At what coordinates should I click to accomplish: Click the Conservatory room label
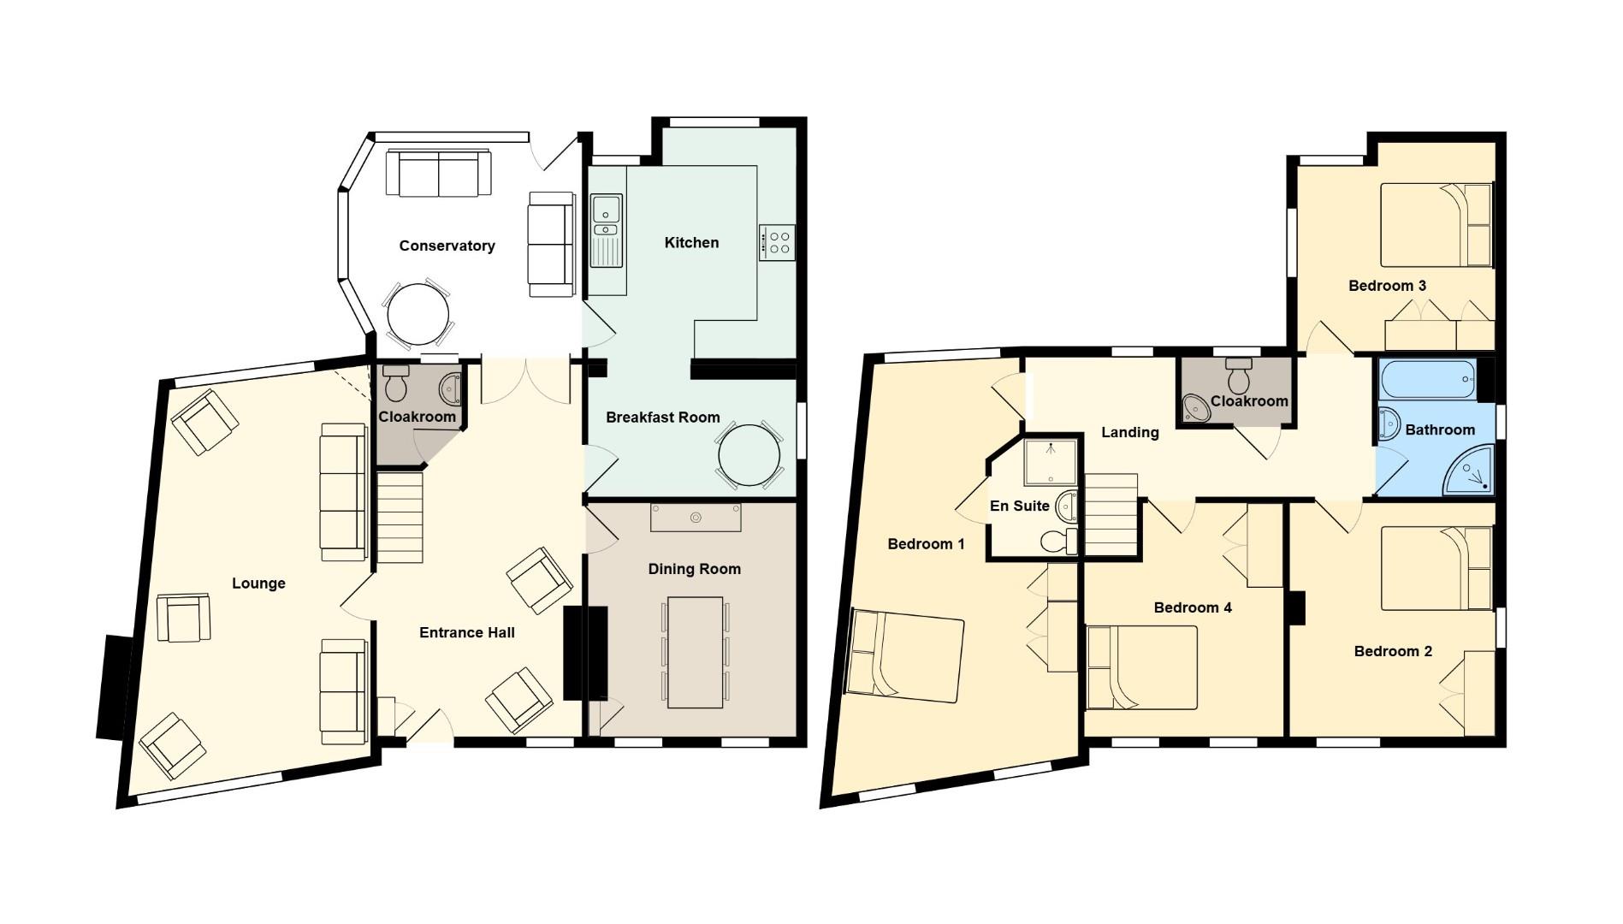click(447, 246)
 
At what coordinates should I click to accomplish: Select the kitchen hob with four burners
click(777, 242)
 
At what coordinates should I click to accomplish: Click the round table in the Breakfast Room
click(749, 456)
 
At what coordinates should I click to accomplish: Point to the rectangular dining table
click(695, 652)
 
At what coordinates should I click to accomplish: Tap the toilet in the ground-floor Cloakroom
click(395, 384)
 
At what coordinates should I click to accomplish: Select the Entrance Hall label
click(466, 633)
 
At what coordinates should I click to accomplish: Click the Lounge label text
click(258, 583)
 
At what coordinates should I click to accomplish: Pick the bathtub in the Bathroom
click(1428, 379)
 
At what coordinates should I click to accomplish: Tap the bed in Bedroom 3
click(1436, 225)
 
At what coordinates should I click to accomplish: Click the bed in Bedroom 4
click(1141, 667)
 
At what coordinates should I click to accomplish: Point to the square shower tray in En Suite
click(1051, 462)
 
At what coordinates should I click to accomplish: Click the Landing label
click(1129, 433)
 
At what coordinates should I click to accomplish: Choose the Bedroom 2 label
click(1393, 652)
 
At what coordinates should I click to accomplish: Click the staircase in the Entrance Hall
click(400, 518)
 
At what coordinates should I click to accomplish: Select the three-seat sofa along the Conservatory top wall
click(439, 173)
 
